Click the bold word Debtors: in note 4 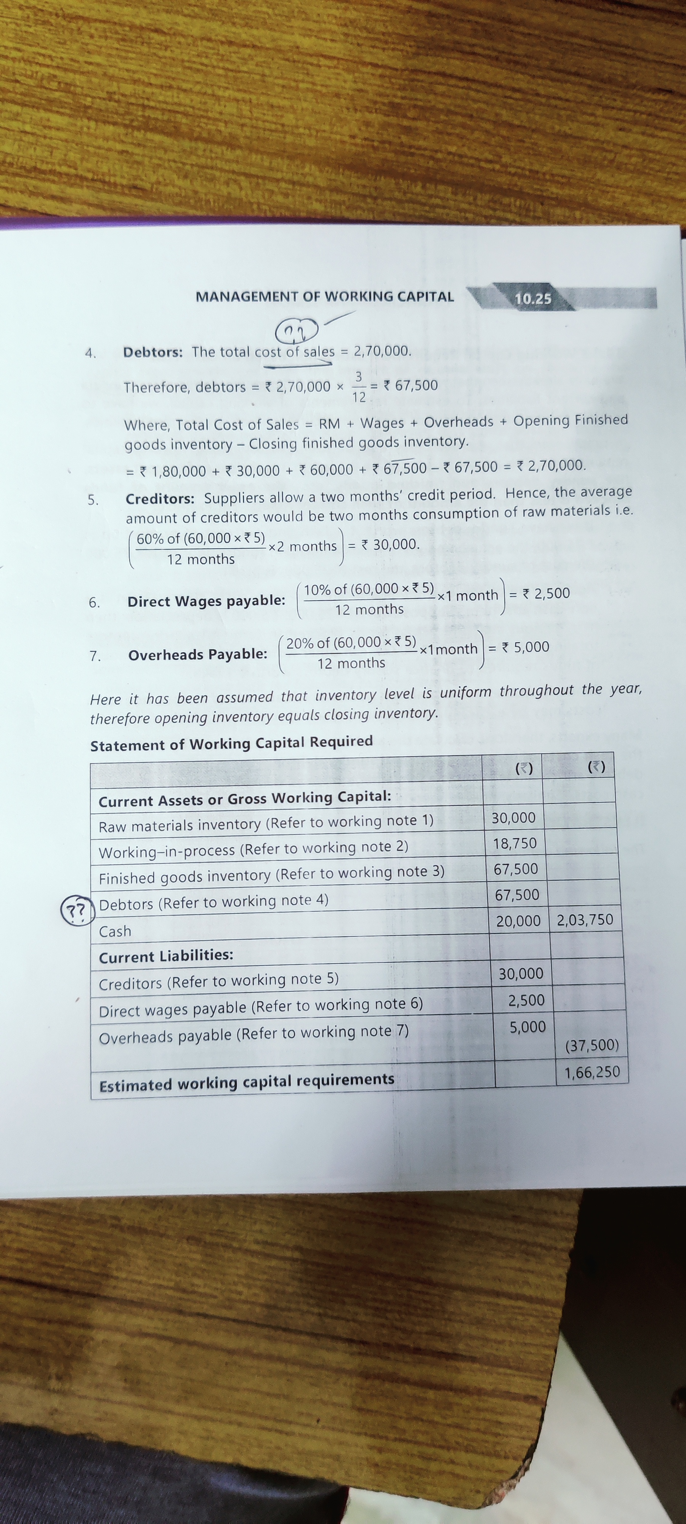click(x=153, y=352)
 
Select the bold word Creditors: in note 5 click(x=160, y=499)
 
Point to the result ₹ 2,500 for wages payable click(x=545, y=593)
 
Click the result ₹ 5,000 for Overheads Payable click(x=525, y=647)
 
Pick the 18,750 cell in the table click(x=514, y=844)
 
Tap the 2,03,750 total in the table click(x=585, y=920)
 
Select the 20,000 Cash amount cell click(x=518, y=921)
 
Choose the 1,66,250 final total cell click(x=591, y=1072)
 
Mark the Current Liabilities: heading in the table click(x=166, y=956)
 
